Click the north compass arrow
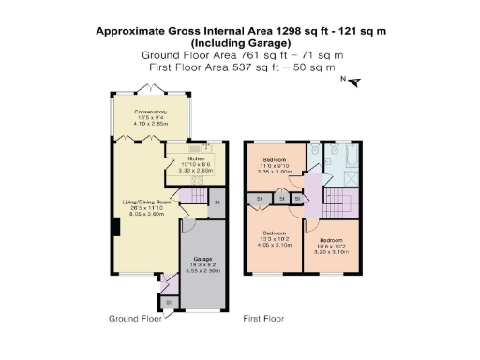pyautogui.click(x=353, y=82)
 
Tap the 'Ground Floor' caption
pyautogui.click(x=131, y=318)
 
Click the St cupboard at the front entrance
pyautogui.click(x=169, y=302)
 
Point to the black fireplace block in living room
pyautogui.click(x=115, y=227)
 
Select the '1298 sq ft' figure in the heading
pyautogui.click(x=301, y=31)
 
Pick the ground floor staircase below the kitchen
pyautogui.click(x=191, y=197)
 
